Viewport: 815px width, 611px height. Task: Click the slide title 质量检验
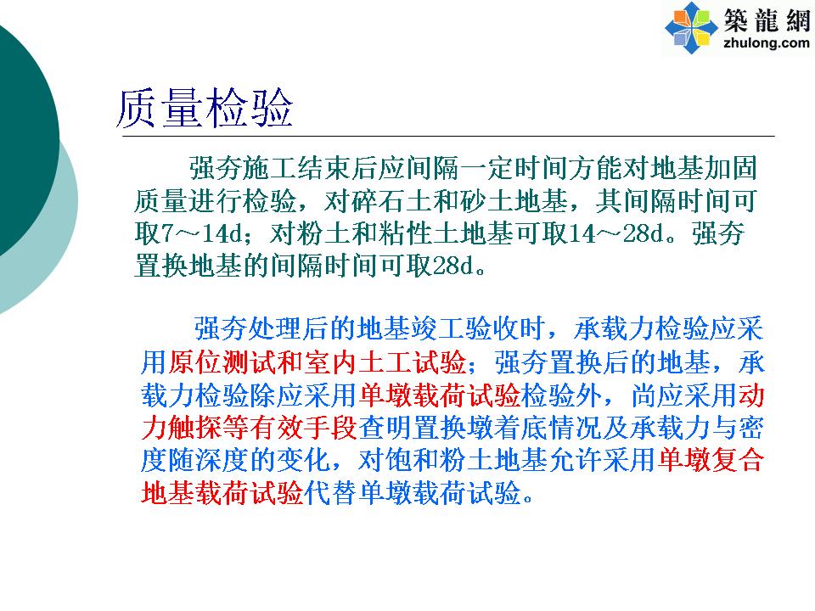tap(205, 109)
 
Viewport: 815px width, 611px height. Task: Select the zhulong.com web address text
tap(766, 42)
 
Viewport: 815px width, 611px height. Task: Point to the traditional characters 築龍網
tap(767, 20)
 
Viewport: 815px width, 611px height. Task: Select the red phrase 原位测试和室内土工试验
tap(317, 362)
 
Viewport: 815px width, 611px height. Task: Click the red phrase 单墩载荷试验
tap(439, 395)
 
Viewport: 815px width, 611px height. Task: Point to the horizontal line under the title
tap(448, 136)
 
